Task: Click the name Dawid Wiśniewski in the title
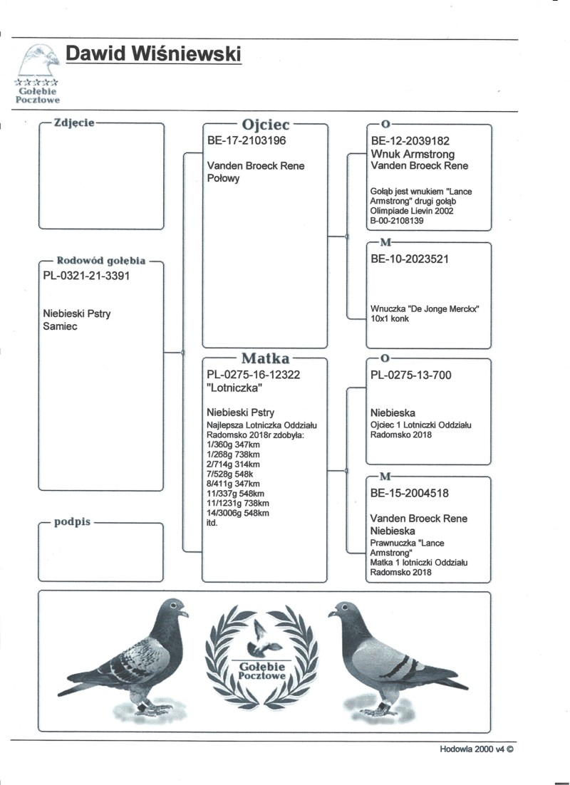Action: click(x=152, y=54)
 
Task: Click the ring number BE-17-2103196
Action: click(x=247, y=141)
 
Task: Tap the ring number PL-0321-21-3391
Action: click(x=87, y=276)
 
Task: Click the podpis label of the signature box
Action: click(x=72, y=522)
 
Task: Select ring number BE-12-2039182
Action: click(x=410, y=141)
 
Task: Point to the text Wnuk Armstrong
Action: click(x=413, y=154)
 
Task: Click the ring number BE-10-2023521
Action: click(x=410, y=259)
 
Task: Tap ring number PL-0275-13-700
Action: click(x=411, y=375)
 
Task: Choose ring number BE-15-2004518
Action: click(x=410, y=493)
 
